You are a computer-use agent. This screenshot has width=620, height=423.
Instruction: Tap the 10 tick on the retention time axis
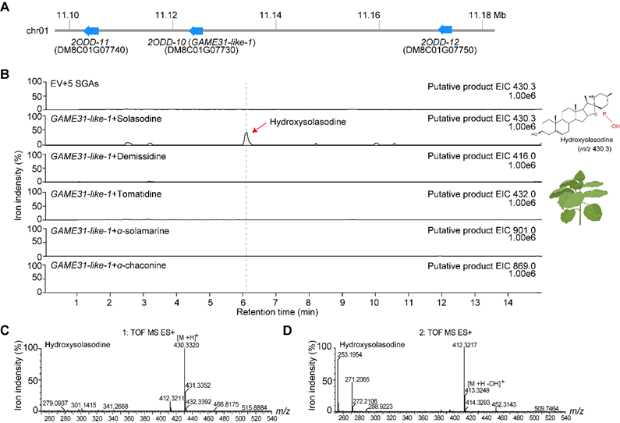377,300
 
